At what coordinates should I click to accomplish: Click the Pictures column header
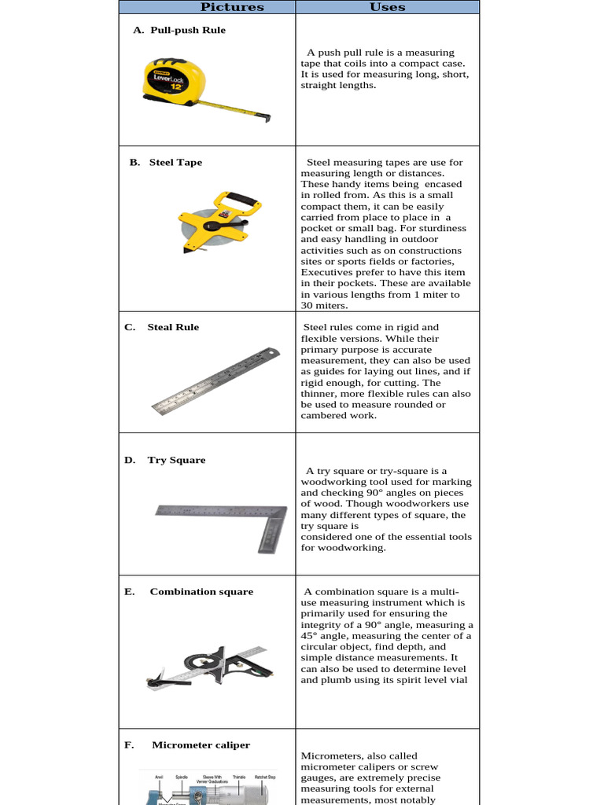pos(232,7)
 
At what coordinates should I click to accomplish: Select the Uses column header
pos(388,7)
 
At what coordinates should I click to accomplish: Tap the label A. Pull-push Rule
pos(179,30)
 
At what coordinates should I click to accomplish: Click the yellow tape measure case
pos(174,81)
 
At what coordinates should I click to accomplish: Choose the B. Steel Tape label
pos(166,162)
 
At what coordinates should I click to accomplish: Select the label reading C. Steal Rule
pos(162,327)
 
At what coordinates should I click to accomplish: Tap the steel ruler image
pos(215,380)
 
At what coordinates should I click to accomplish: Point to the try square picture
pos(225,522)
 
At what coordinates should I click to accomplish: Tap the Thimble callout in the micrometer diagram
pos(239,777)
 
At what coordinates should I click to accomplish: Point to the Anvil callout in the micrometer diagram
pos(160,777)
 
